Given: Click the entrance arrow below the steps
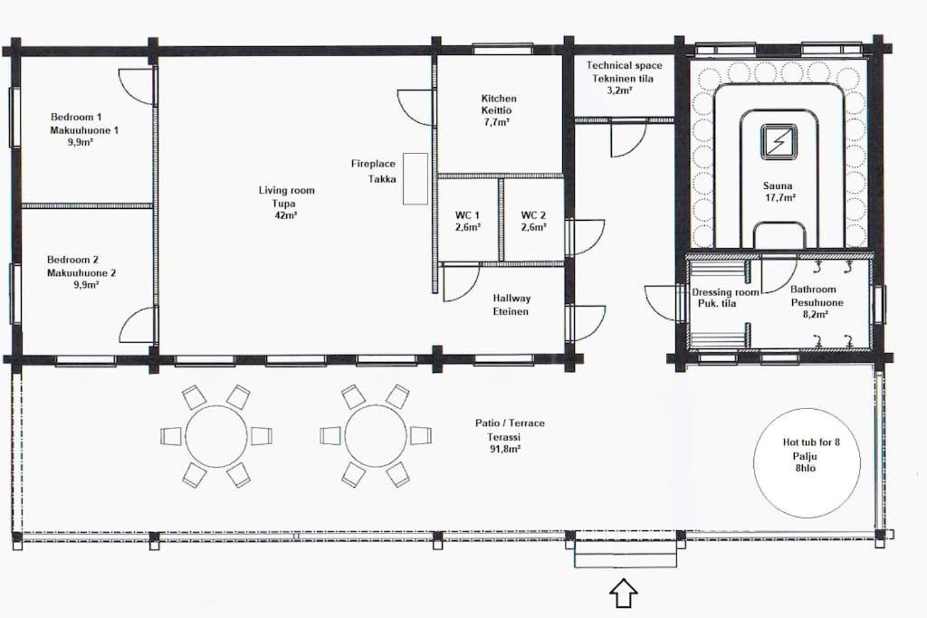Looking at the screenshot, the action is click(x=624, y=593).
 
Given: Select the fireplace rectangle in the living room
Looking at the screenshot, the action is click(x=415, y=179).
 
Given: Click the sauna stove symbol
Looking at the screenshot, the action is click(x=779, y=142).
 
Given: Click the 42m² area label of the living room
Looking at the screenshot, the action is click(x=286, y=216).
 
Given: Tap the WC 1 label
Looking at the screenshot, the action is click(x=467, y=215).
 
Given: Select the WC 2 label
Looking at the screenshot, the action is click(x=533, y=215).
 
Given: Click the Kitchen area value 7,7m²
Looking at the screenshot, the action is click(x=497, y=123).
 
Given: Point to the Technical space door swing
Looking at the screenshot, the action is click(x=628, y=139).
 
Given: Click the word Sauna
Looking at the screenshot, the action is click(x=778, y=185).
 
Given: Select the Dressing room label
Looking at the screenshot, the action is click(x=725, y=292).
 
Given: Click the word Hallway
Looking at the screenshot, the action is click(x=512, y=299).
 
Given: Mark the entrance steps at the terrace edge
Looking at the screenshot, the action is click(x=626, y=554).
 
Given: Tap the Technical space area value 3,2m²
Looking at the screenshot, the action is click(x=620, y=90).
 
